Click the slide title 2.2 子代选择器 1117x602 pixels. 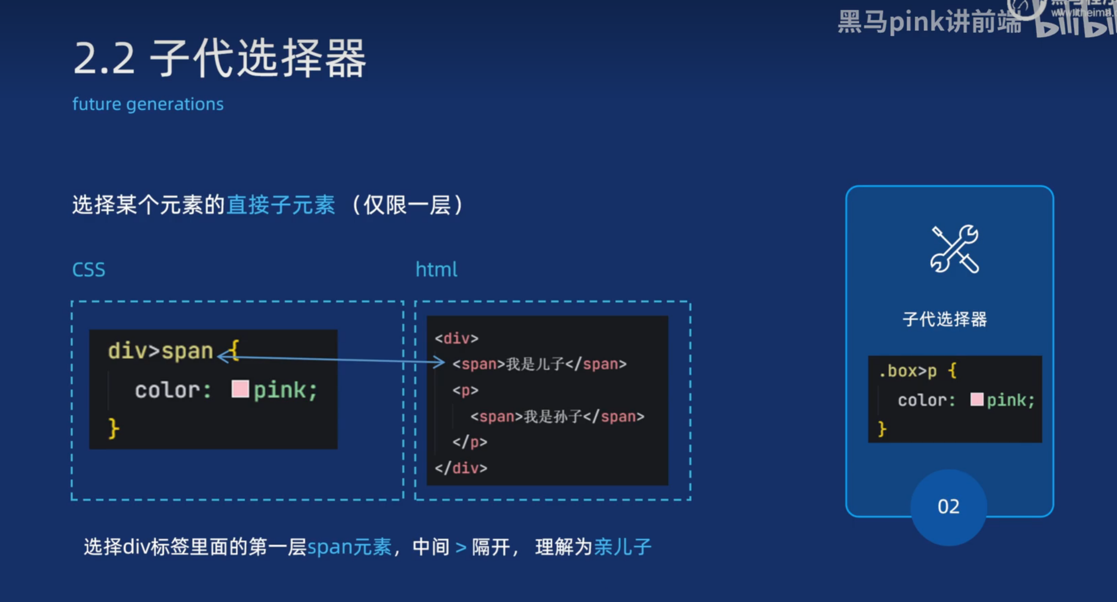coord(220,59)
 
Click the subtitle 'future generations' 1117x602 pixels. coord(148,104)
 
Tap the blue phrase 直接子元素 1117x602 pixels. coord(281,205)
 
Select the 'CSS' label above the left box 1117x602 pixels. coord(89,270)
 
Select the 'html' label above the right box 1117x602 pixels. coord(436,270)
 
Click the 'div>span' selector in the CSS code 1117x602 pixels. coord(160,351)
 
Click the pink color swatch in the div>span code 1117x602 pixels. coord(240,389)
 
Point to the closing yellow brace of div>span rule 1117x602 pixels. coord(113,428)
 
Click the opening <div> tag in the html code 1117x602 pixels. coord(456,338)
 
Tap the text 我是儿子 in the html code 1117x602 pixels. coord(535,364)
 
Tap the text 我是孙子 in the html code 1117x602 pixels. coord(553,417)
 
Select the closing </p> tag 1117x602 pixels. coord(470,442)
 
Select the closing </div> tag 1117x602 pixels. coord(461,468)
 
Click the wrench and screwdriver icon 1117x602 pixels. coord(954,249)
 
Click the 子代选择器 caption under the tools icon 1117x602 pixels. coord(944,320)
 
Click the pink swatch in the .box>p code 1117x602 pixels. coord(977,399)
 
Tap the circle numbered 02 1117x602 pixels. coord(949,507)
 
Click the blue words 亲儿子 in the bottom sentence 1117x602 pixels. coord(623,547)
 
